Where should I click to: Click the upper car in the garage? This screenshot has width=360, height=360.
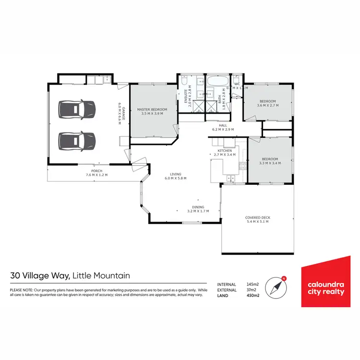(x=77, y=108)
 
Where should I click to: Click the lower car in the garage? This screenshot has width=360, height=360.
(x=77, y=141)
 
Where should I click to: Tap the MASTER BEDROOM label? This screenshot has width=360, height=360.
(x=152, y=109)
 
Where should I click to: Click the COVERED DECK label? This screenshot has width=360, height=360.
(x=257, y=217)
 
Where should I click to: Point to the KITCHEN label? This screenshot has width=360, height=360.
(x=225, y=151)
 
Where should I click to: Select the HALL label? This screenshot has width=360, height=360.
(x=223, y=125)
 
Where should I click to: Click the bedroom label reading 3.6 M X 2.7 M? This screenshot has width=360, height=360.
(x=268, y=105)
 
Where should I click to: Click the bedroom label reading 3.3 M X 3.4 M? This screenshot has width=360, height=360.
(x=269, y=163)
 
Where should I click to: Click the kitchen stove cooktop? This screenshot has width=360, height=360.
(x=242, y=168)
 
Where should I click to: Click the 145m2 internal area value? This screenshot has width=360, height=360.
(x=252, y=284)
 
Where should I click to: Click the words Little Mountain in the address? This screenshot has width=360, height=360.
(x=101, y=276)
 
